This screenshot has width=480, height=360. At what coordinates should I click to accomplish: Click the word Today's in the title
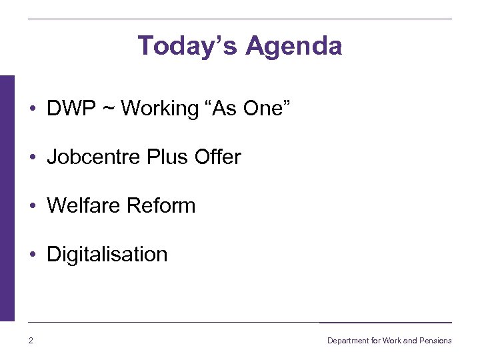187,46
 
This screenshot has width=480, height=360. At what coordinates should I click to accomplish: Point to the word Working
159,109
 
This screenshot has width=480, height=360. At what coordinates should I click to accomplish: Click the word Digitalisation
107,255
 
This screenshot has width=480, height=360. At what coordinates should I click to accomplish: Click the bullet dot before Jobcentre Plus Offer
32,158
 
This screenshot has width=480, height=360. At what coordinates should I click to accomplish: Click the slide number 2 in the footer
31,341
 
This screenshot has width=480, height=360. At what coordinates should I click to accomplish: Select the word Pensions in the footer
436,341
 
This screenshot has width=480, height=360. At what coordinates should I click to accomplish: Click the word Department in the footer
348,341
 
